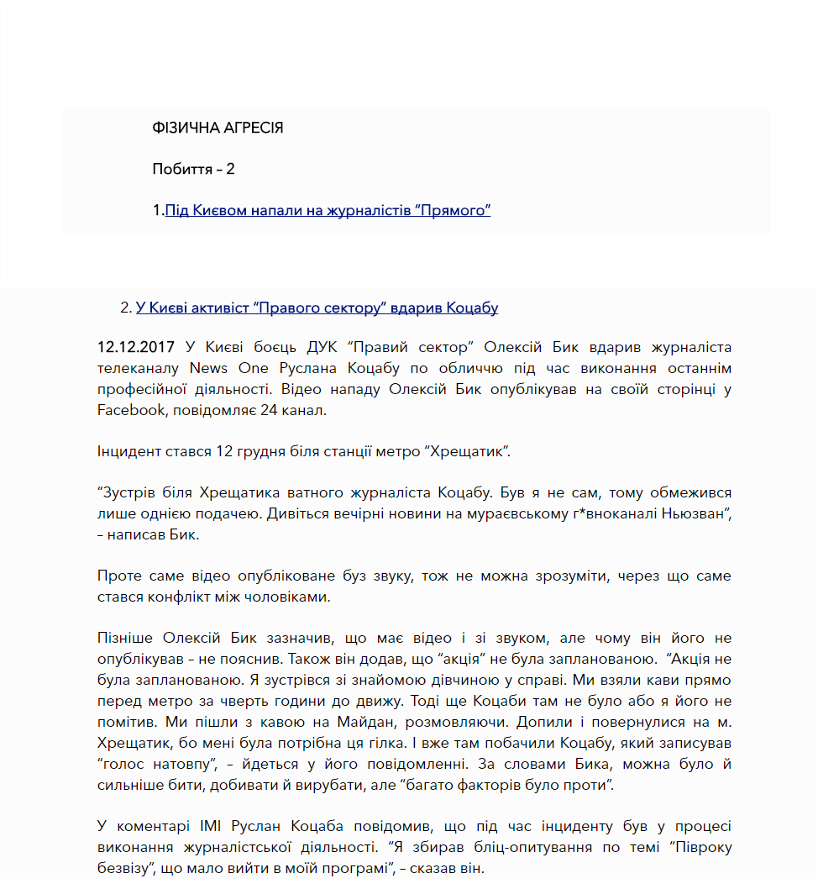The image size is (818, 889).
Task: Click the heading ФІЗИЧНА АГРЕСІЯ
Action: tap(218, 128)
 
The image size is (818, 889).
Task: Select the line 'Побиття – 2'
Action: tap(193, 169)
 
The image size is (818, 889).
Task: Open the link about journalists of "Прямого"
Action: tap(328, 210)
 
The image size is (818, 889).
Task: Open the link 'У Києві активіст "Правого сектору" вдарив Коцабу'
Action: tap(317, 308)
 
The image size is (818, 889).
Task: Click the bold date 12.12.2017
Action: tap(136, 347)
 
